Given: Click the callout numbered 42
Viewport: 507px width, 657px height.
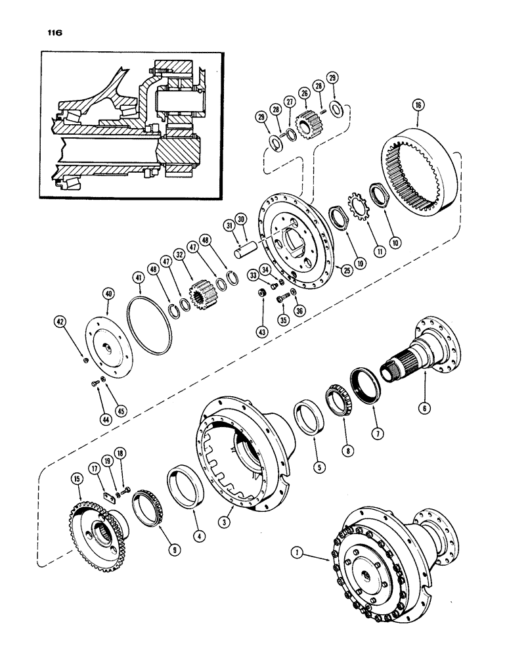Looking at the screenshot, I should pyautogui.click(x=59, y=322).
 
